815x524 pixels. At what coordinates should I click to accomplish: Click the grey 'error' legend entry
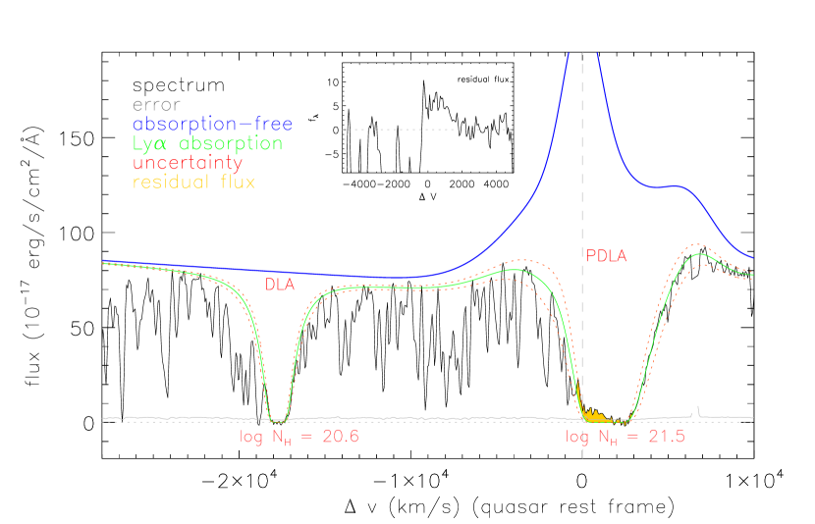click(156, 105)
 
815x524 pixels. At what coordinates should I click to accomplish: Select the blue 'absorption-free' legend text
click(212, 125)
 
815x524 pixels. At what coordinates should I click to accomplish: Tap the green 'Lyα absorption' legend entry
click(207, 144)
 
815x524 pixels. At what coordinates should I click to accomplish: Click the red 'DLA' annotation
click(282, 284)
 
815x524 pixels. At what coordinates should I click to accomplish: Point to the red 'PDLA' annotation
click(606, 256)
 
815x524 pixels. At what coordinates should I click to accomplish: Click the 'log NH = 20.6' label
click(299, 437)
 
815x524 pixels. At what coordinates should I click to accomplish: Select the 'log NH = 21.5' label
click(625, 437)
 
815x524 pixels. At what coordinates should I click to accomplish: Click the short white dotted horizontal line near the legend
click(427, 129)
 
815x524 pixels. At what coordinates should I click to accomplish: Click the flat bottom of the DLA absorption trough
click(278, 418)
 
